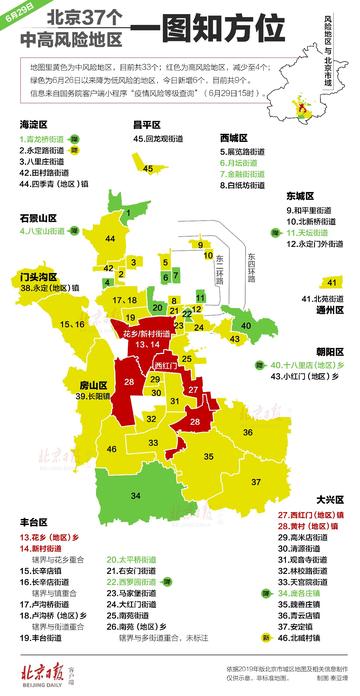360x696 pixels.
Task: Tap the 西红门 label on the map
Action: [165, 367]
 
